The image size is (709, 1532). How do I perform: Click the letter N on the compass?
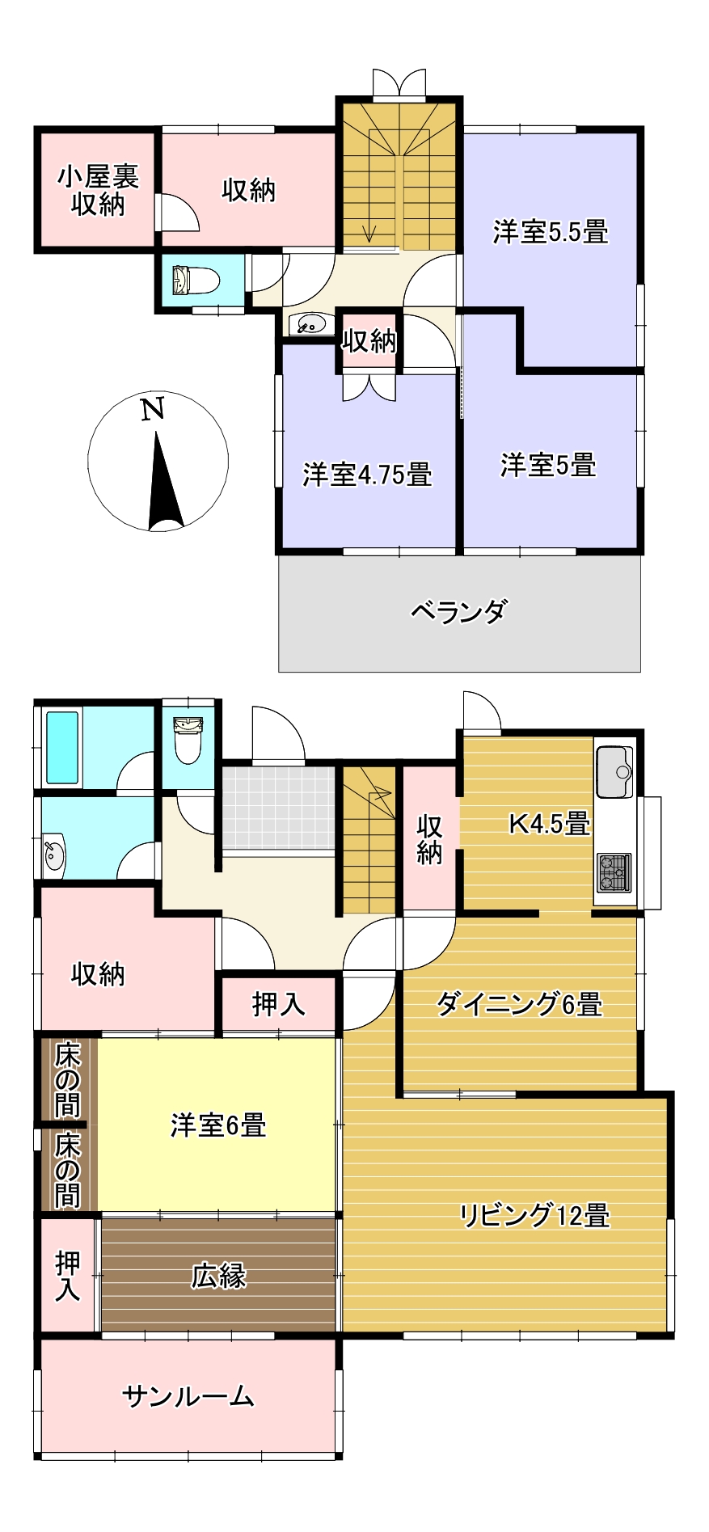[x=153, y=409]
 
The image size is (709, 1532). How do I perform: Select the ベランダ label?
[x=459, y=611]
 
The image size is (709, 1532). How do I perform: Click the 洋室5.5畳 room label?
[x=551, y=232]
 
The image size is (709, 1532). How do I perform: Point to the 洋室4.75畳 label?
[x=367, y=475]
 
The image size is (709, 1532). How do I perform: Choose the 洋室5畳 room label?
[x=548, y=466]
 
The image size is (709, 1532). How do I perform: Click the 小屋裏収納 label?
[x=97, y=190]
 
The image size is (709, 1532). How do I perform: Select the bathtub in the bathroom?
[x=62, y=747]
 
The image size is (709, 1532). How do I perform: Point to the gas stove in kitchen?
[x=614, y=872]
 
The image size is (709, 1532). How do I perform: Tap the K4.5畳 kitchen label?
[x=549, y=824]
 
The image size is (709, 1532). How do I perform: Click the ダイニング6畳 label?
[x=519, y=1004]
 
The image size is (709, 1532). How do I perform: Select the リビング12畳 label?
[x=534, y=1215]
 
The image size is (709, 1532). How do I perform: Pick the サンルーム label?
[x=188, y=1396]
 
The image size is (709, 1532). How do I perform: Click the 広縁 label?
[x=218, y=1276]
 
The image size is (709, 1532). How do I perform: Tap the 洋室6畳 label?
[x=218, y=1125]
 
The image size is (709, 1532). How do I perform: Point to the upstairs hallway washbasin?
[x=310, y=324]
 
